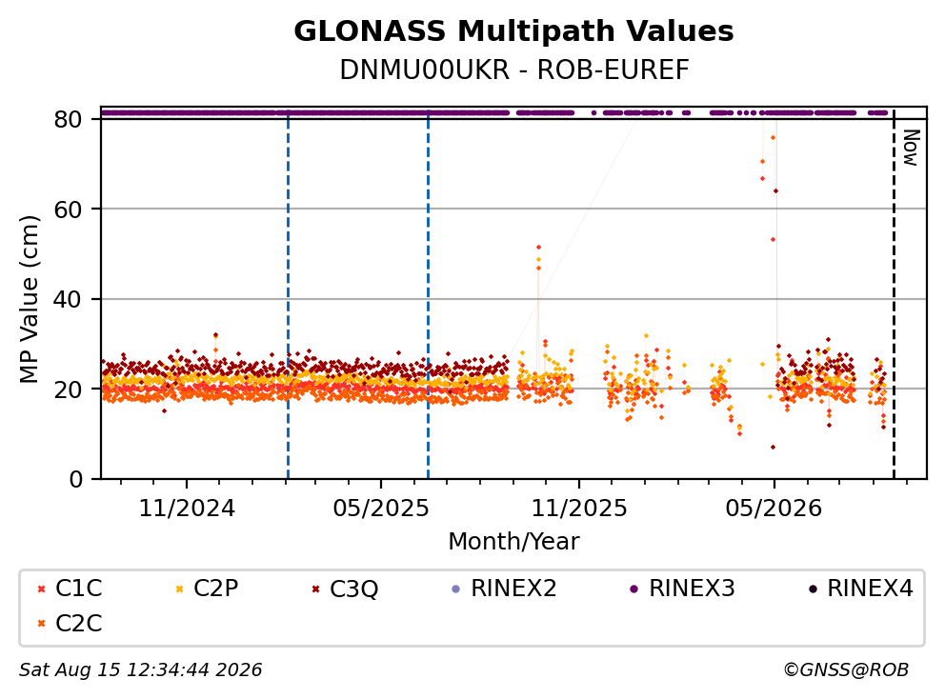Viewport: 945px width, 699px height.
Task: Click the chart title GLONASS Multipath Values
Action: click(x=513, y=31)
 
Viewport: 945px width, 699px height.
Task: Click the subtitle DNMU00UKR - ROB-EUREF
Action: click(x=514, y=70)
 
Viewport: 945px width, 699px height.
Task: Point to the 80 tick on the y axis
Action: click(x=68, y=119)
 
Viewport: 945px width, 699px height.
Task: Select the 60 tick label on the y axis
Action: click(x=68, y=210)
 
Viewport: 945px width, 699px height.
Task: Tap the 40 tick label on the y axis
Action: click(x=68, y=299)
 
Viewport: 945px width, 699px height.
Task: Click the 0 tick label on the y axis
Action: click(x=76, y=480)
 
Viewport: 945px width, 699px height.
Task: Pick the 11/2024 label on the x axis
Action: click(x=187, y=509)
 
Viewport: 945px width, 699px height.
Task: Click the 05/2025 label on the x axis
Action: click(x=381, y=509)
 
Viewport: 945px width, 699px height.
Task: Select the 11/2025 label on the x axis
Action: click(x=579, y=509)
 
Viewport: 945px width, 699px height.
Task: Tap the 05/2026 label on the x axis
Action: click(x=774, y=509)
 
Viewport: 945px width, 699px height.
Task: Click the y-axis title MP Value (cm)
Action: click(x=29, y=299)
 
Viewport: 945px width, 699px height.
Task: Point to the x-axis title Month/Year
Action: click(x=513, y=542)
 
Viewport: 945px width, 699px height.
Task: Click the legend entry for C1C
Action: click(x=70, y=589)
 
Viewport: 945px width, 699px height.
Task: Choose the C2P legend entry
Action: click(x=207, y=589)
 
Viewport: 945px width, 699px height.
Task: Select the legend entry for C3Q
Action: click(x=345, y=589)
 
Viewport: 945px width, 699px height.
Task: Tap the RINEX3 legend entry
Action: click(x=682, y=589)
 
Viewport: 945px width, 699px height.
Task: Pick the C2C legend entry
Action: click(x=70, y=623)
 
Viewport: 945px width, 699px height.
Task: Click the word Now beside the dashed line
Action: click(x=911, y=148)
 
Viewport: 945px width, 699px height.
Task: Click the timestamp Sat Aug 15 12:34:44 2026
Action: click(x=141, y=670)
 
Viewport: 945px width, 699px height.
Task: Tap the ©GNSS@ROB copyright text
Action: click(x=846, y=670)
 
